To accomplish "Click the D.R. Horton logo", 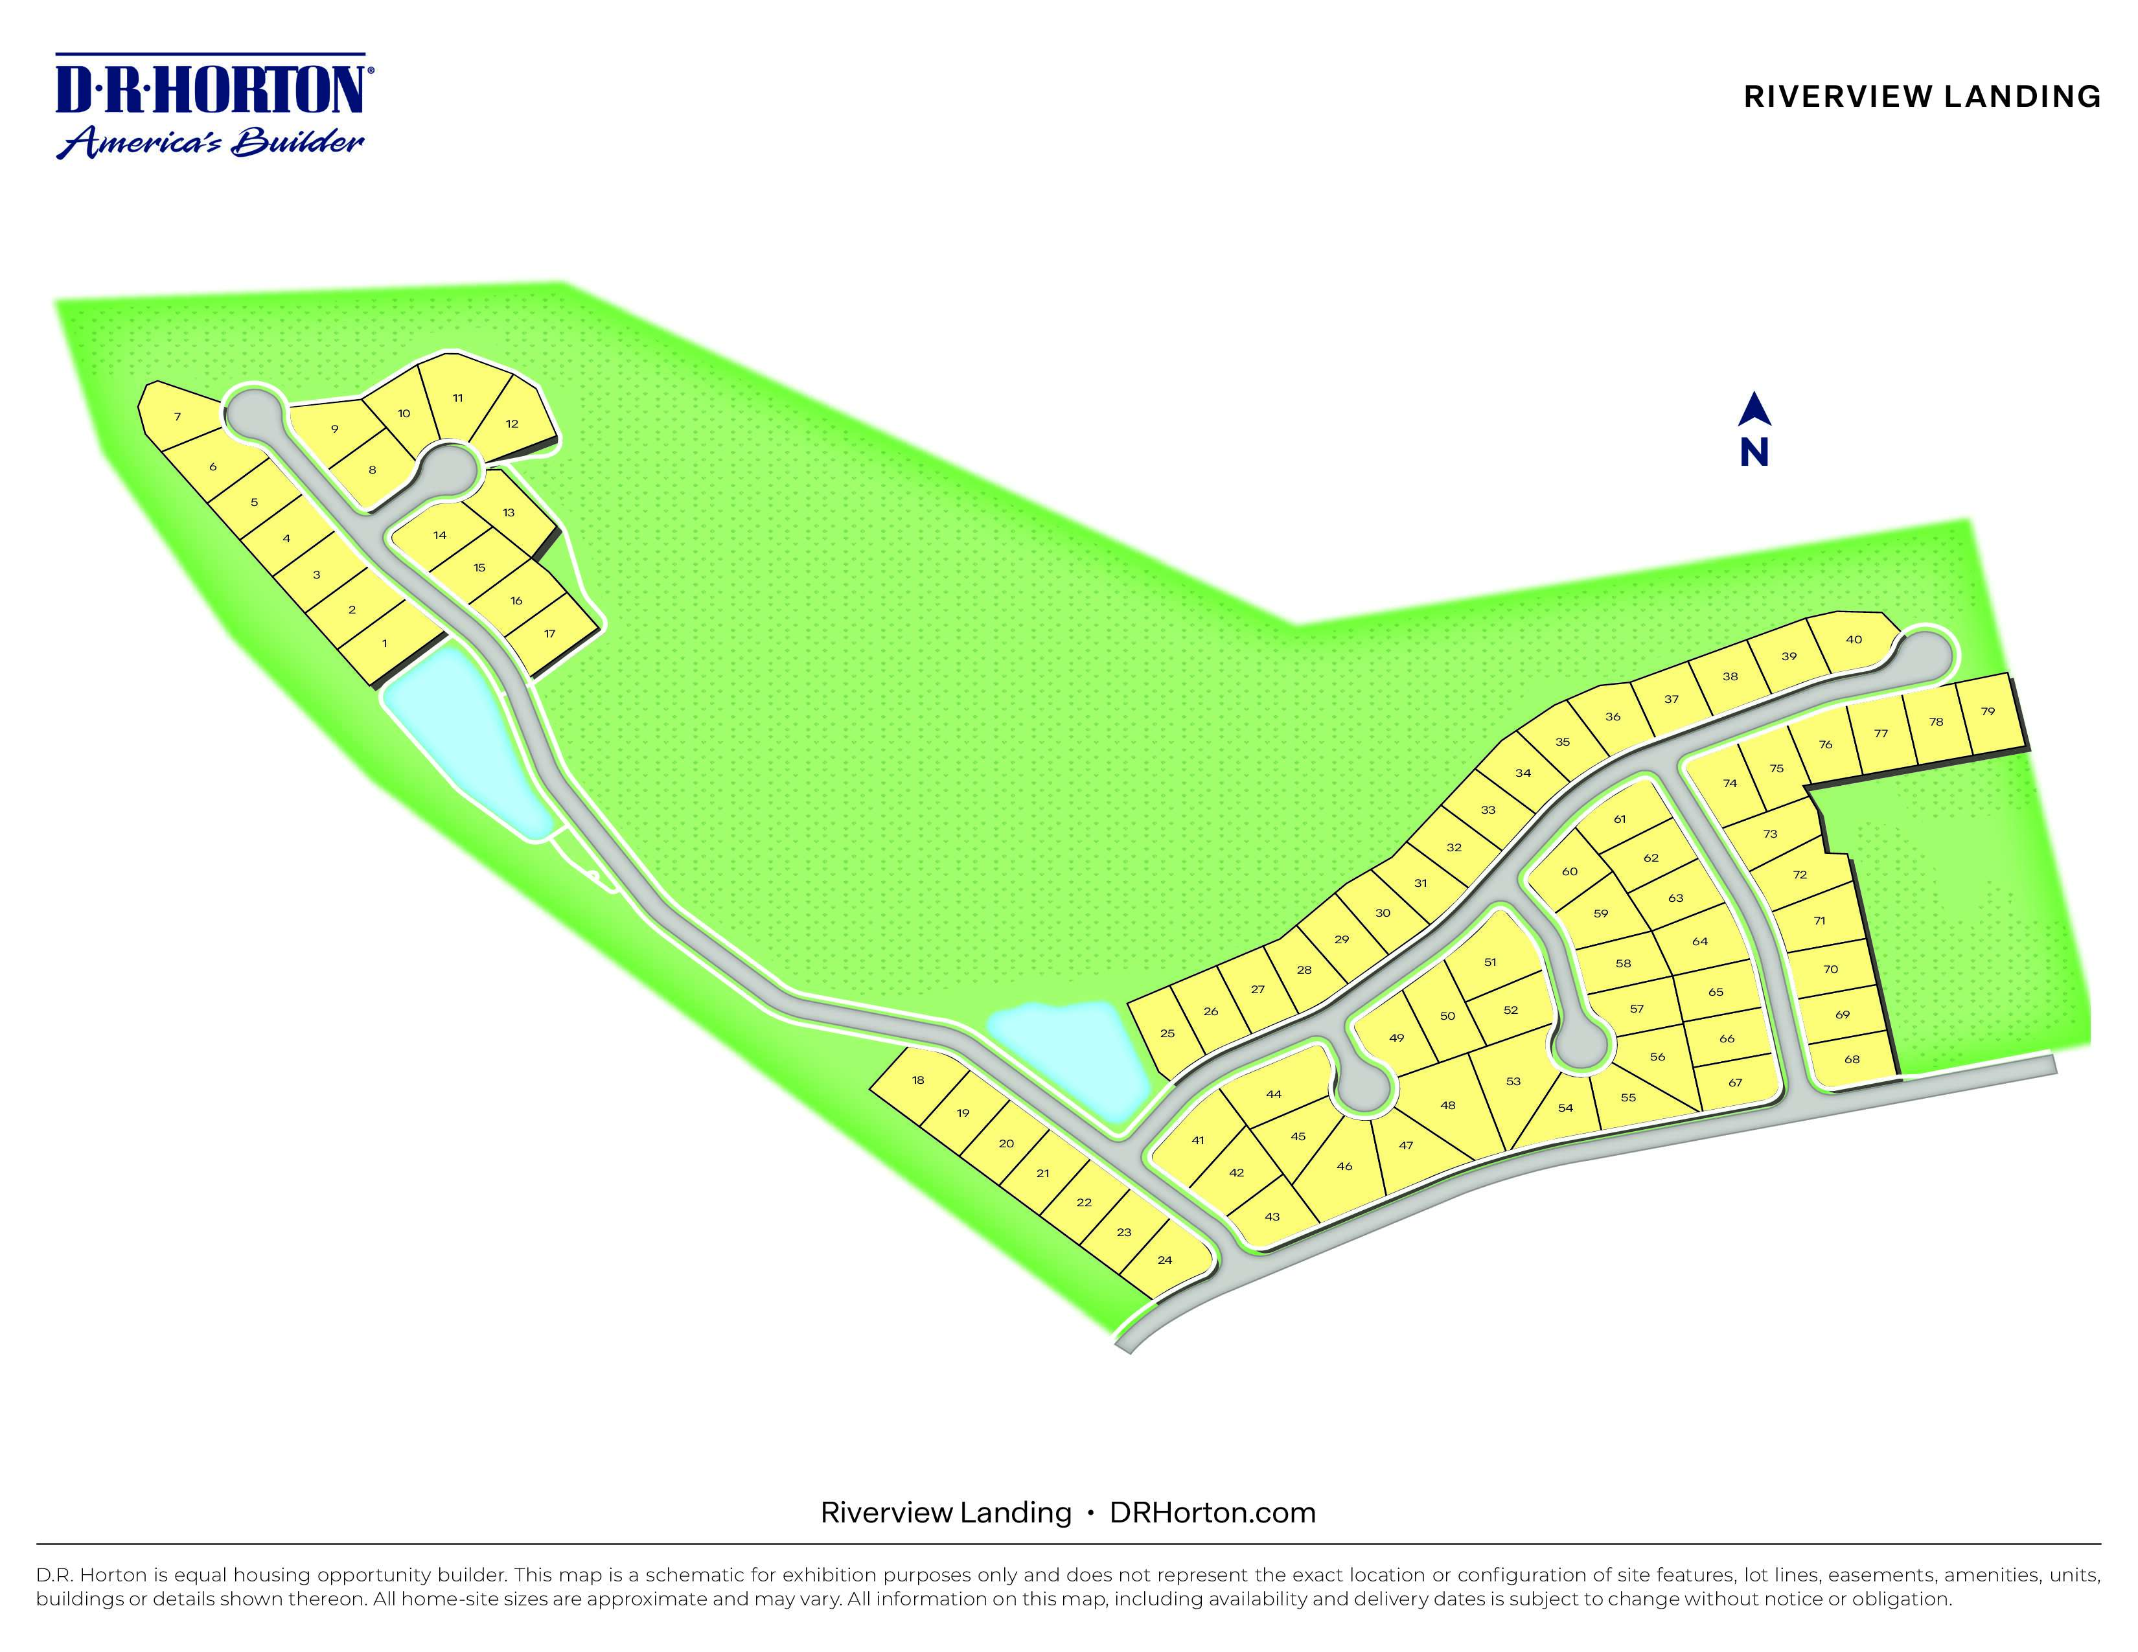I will coord(211,106).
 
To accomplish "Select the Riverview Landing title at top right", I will coord(1922,97).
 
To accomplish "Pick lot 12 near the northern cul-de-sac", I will coord(512,424).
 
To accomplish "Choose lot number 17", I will coord(550,634).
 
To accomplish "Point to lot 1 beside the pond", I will coord(385,644).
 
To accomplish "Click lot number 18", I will coord(918,1081).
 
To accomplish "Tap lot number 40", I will coord(1853,640).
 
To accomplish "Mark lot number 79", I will coord(1987,711).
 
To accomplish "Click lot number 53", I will coord(1513,1081).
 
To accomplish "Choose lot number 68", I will coord(1851,1059).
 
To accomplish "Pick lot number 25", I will coord(1167,1033).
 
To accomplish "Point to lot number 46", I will coord(1344,1167).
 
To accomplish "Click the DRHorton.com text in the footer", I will coord(1212,1513).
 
